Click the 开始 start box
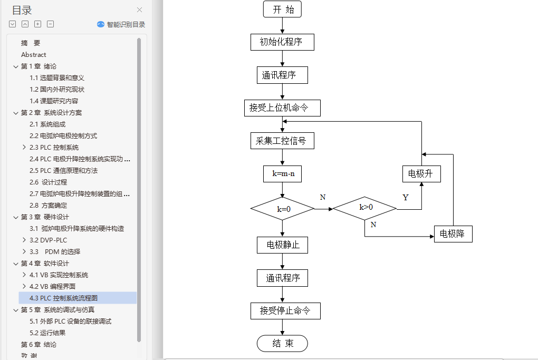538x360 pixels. [x=282, y=9]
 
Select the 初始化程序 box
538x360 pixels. [x=282, y=42]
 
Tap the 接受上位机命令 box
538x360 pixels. [x=282, y=108]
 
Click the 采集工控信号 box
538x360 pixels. [x=282, y=141]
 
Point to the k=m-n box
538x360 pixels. [x=282, y=173]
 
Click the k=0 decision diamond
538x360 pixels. [x=282, y=209]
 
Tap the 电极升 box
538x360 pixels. [x=421, y=173]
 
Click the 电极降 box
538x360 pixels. [x=453, y=233]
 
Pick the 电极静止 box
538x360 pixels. [x=282, y=245]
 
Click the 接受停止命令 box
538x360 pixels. [x=285, y=311]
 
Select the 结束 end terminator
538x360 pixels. [x=282, y=344]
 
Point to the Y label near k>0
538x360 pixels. [x=406, y=198]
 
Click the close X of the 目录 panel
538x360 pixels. [x=139, y=9]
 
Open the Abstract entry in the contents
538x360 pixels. [x=34, y=55]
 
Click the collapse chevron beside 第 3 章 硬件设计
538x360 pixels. [x=15, y=217]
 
